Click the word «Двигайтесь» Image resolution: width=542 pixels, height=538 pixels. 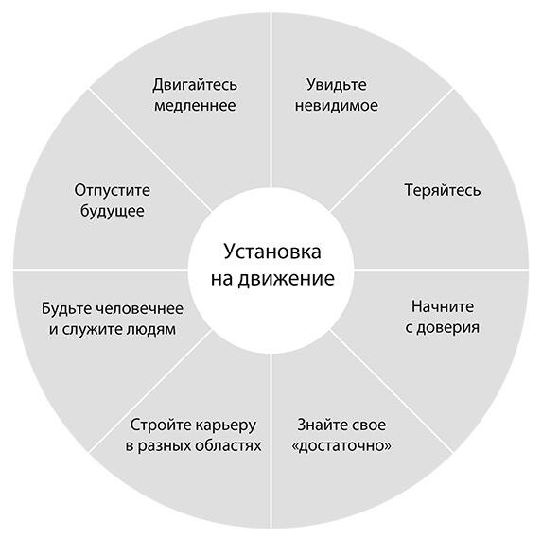(x=195, y=85)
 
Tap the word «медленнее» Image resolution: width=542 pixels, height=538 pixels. (x=195, y=105)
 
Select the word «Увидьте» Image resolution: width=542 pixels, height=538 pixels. (x=337, y=85)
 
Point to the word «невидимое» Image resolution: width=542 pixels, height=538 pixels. (x=337, y=105)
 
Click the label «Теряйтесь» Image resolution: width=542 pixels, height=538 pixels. (x=443, y=190)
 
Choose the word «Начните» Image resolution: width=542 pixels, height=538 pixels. (x=443, y=306)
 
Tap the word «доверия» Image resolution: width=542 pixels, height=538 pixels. (x=448, y=328)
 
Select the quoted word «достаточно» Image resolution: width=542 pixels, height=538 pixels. (x=341, y=445)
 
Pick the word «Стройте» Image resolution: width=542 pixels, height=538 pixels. (x=154, y=425)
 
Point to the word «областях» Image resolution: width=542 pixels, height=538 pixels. (x=229, y=445)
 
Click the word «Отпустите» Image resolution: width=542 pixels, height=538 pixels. (x=113, y=191)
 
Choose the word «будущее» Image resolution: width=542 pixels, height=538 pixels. (x=113, y=211)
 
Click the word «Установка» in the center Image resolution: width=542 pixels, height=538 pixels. (x=272, y=252)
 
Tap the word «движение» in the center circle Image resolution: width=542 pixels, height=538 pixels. (x=287, y=279)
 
